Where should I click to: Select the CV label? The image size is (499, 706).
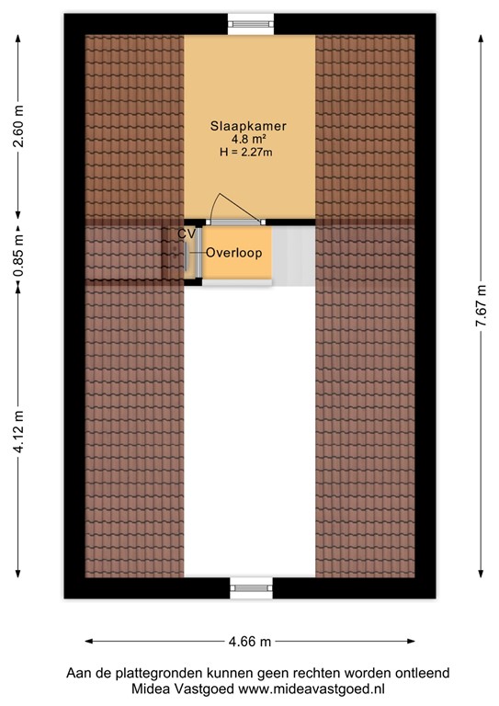(186, 234)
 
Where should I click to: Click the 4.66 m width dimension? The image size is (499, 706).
(249, 641)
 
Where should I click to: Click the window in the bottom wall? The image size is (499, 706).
(250, 586)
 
